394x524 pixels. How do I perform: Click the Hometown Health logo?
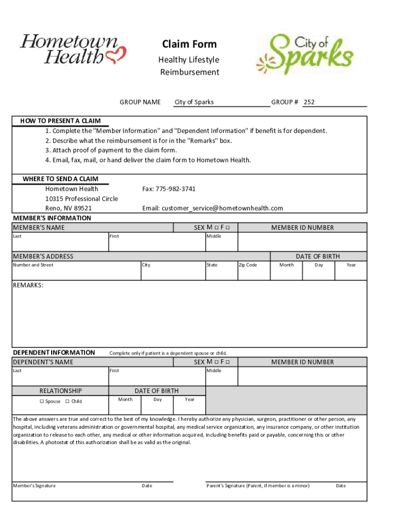(72, 49)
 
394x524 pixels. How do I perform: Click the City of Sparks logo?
(304, 54)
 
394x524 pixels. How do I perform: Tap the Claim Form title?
(189, 44)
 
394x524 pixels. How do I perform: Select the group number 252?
(309, 102)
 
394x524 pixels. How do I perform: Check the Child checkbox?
(68, 402)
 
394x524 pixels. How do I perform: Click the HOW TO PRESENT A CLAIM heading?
(60, 121)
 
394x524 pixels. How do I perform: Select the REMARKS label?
(28, 285)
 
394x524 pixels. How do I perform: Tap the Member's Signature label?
(34, 486)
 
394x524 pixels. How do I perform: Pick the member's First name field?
(157, 242)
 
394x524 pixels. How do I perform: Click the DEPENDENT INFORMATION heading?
(54, 352)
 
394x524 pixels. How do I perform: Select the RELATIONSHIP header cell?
(60, 390)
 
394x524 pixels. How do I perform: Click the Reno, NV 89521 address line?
(69, 208)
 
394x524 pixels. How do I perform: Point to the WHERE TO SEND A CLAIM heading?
(60, 179)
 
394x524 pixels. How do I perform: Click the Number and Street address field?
(76, 271)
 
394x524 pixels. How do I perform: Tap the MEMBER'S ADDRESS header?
(43, 256)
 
